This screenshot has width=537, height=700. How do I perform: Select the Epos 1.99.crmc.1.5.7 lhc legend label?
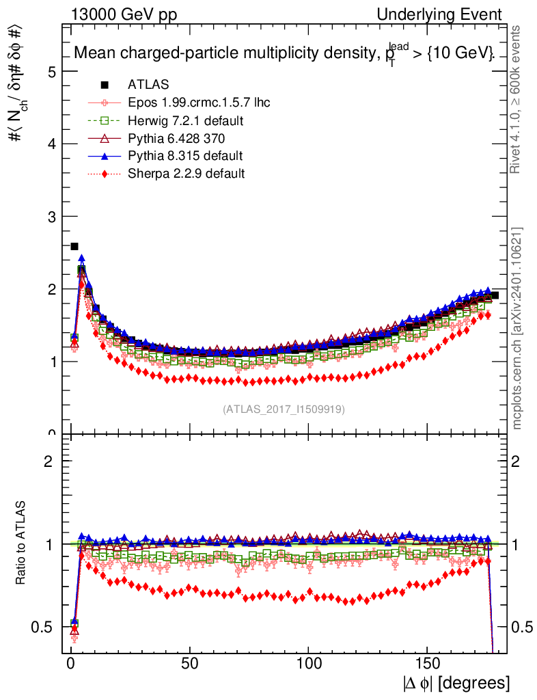coord(199,103)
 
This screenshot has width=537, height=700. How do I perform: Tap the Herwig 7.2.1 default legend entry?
coord(186,120)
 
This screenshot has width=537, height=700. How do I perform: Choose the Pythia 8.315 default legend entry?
coord(185,156)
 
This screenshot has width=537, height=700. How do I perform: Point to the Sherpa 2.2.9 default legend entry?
coord(186,174)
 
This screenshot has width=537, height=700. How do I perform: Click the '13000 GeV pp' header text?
coord(124,15)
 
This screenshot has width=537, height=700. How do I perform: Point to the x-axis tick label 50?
coord(190,664)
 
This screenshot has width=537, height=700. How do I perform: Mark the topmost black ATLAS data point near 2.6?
coord(74,246)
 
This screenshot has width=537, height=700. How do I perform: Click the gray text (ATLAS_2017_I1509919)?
coord(284,409)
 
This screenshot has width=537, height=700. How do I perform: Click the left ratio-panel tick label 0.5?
coord(46,627)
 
